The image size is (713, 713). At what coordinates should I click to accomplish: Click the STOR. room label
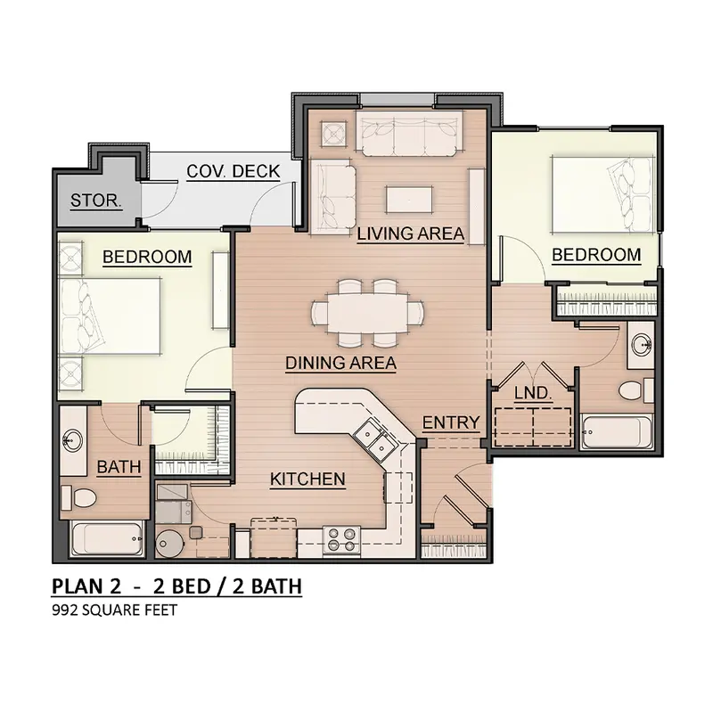[96, 201]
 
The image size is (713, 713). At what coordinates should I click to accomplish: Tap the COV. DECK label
[234, 171]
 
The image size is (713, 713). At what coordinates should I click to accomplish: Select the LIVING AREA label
[411, 234]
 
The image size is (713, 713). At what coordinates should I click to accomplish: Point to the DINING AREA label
[341, 363]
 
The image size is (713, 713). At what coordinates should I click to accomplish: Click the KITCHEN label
[307, 479]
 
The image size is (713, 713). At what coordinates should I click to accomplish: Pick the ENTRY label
[451, 422]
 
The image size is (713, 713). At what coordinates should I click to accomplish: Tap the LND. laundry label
[533, 393]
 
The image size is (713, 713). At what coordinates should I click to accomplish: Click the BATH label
[119, 467]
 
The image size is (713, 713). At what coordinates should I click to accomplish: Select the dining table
[367, 314]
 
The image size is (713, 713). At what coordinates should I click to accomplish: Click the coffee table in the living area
[409, 199]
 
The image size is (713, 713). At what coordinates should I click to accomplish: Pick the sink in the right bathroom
[642, 345]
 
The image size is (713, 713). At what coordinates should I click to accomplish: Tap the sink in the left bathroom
[72, 440]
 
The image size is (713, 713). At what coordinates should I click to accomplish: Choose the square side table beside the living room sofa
[335, 134]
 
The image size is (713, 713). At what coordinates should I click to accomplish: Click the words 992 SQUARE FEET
[115, 610]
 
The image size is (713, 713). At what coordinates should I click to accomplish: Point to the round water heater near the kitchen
[169, 543]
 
